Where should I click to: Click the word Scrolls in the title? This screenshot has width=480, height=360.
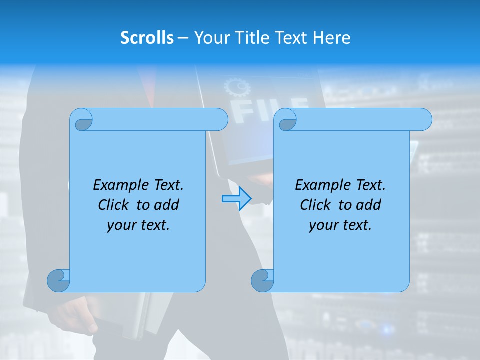147,38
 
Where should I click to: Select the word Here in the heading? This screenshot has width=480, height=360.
331,38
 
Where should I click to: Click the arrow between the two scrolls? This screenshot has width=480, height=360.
236,199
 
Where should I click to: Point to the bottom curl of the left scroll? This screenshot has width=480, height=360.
58,280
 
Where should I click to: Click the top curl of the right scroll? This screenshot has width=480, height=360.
287,120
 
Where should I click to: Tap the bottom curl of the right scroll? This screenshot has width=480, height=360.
262,280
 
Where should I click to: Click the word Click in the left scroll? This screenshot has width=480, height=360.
114,205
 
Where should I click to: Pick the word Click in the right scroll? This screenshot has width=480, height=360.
316,205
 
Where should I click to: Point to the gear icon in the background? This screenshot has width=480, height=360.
237,88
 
